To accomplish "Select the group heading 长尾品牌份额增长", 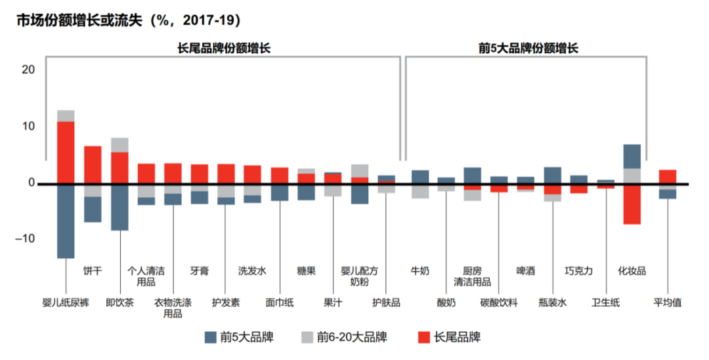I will [224, 48].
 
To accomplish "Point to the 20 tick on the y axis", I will [28, 70].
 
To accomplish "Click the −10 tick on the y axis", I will [26, 238].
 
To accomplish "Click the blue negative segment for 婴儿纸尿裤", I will [66, 221].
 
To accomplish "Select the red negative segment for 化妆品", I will [632, 204].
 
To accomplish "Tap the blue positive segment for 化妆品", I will [632, 156].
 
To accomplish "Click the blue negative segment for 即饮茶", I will [119, 207].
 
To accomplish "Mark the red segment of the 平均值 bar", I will [668, 177].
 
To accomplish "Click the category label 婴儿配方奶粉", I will [359, 276].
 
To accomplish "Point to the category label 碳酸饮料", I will [499, 303].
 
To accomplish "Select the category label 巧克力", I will [578, 271].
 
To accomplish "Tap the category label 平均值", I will [668, 303].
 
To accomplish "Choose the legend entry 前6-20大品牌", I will [343, 338].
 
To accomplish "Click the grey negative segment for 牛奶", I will [420, 191].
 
